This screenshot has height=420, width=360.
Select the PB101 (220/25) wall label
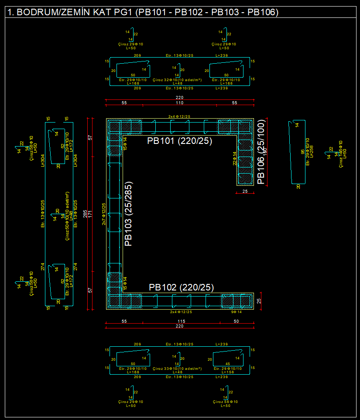[179, 140]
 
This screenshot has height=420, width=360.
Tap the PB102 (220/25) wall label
[181, 287]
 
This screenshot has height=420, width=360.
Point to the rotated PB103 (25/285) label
[128, 215]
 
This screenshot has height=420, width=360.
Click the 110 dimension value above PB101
[179, 103]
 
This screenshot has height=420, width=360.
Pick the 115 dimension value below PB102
[181, 321]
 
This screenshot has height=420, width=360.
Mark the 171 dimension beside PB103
[90, 214]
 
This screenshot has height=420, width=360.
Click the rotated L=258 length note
[311, 157]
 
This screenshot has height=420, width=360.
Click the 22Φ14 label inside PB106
[234, 158]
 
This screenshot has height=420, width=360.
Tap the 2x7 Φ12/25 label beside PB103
[103, 214]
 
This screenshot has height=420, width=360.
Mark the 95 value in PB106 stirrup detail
[302, 152]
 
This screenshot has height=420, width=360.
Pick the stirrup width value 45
[227, 364]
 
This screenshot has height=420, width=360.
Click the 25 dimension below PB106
[245, 191]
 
